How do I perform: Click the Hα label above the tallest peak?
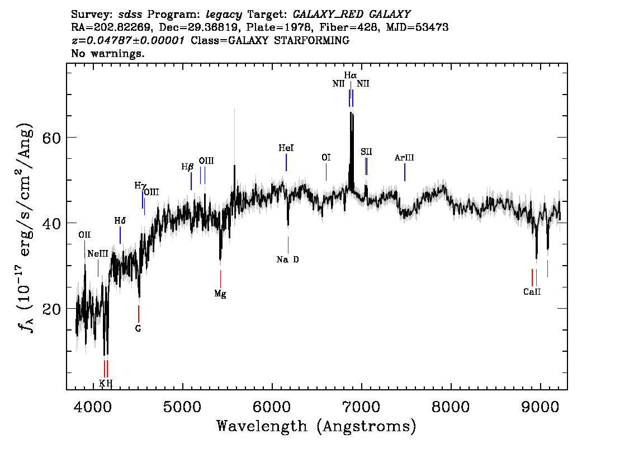[351, 75]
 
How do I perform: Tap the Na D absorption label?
[287, 259]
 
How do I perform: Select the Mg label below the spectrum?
[220, 294]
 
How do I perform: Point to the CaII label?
[532, 292]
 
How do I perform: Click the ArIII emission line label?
[404, 158]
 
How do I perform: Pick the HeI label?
[286, 148]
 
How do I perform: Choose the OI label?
[326, 157]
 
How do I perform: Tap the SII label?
[366, 152]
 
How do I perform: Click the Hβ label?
[187, 167]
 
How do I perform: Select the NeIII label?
[98, 253]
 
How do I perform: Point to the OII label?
[84, 235]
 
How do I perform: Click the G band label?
[138, 328]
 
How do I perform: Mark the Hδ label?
[120, 221]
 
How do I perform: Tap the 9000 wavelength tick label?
[540, 407]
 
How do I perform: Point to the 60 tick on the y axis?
[51, 138]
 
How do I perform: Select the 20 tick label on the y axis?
[51, 309]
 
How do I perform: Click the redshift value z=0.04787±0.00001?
[128, 40]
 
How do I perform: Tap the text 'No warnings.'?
[107, 53]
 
